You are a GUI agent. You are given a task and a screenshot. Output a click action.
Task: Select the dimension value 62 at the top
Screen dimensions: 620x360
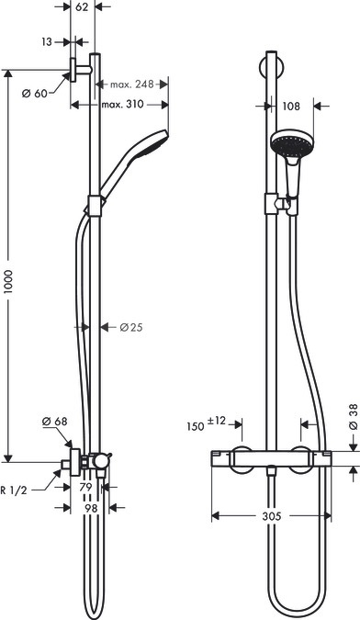pos(82,7)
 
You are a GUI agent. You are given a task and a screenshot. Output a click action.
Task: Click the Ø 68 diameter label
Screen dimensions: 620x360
pos(55,422)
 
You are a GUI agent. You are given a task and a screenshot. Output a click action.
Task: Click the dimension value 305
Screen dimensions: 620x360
pos(271,517)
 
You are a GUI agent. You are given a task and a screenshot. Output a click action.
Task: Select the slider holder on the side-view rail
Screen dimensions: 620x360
pos(94,208)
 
